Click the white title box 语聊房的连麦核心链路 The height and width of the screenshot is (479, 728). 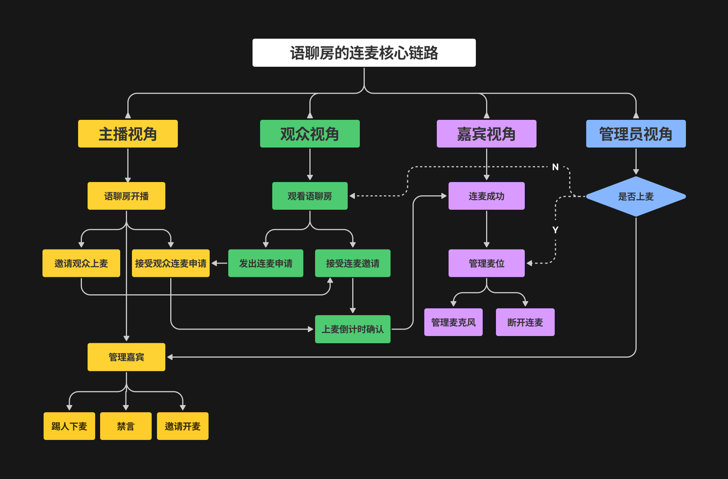[364, 53]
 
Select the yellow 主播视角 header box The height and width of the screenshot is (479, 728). [128, 134]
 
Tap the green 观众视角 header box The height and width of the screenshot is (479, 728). [310, 134]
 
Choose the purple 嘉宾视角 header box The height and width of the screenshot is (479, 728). [486, 134]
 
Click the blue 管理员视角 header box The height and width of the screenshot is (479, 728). [636, 134]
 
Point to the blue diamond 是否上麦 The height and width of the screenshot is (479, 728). [636, 196]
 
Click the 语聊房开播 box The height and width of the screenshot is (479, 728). [126, 196]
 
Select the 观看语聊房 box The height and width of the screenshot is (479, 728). [310, 196]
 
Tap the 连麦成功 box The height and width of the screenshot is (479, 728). [486, 196]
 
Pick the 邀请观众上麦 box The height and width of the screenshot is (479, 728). [81, 263]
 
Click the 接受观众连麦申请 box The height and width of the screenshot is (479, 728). [171, 263]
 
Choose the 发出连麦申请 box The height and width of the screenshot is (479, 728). [265, 263]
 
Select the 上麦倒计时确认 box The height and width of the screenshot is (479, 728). [353, 329]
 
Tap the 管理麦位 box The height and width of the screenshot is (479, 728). [486, 263]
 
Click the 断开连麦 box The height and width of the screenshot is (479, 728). [525, 322]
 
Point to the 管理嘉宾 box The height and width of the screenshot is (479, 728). [126, 357]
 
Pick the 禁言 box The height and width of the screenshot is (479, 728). [126, 426]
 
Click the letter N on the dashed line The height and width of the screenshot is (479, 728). [555, 167]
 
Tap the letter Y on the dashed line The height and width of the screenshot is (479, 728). [555, 230]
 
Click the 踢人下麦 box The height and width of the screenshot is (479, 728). [69, 426]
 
